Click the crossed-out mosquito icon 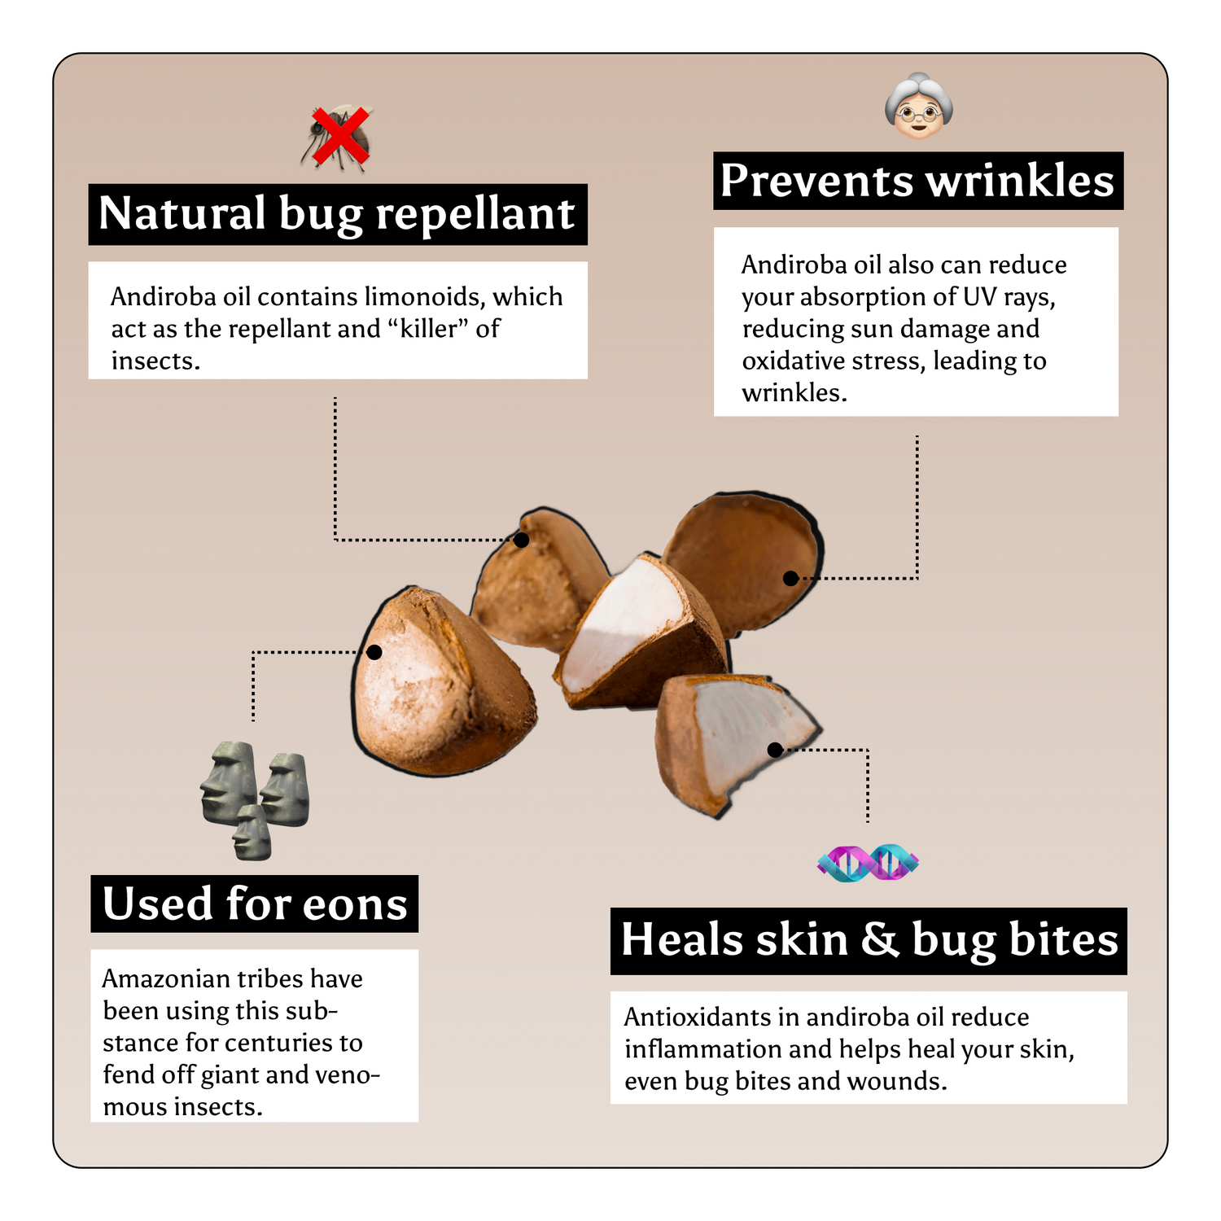coord(337,138)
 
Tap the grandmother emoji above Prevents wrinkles coord(919,106)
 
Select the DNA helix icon coord(868,863)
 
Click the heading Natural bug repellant coord(337,214)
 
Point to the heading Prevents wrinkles coord(917,180)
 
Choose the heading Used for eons coord(255,904)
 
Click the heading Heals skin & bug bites coord(869,940)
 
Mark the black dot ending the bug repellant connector coord(521,540)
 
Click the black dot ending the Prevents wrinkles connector coord(790,579)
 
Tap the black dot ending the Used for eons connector coord(374,652)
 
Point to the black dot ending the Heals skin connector coord(775,750)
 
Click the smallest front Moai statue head coord(252,833)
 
